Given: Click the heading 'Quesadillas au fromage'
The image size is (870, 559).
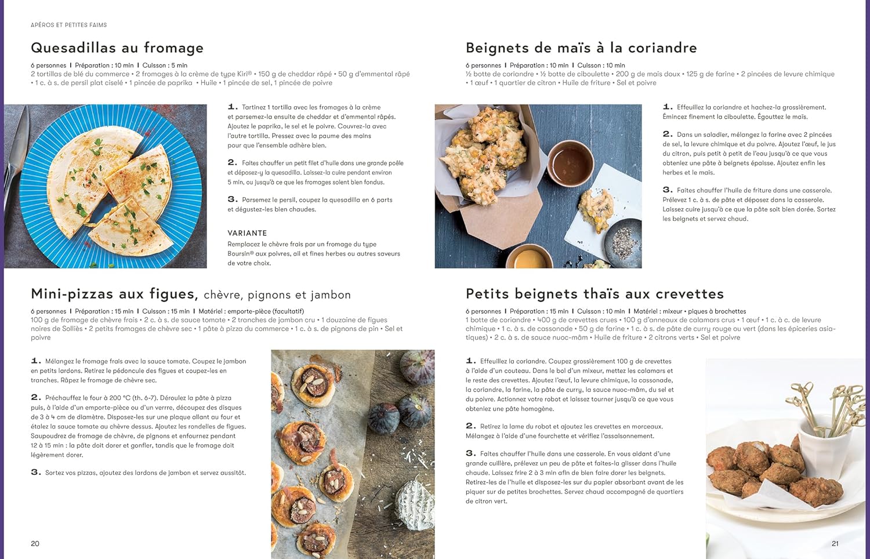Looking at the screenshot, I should pyautogui.click(x=117, y=48).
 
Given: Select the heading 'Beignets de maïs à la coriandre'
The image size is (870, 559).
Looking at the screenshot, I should pyautogui.click(x=581, y=48).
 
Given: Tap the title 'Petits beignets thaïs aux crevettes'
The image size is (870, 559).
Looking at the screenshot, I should pyautogui.click(x=594, y=294).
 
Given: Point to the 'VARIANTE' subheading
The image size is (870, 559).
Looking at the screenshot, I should pyautogui.click(x=247, y=233).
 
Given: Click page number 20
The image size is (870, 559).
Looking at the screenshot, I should pyautogui.click(x=35, y=543).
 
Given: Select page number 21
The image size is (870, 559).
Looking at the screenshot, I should pyautogui.click(x=835, y=543).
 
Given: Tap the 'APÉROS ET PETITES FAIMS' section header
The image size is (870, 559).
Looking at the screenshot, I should pyautogui.click(x=68, y=25).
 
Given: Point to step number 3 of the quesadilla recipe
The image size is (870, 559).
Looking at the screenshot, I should pyautogui.click(x=232, y=199).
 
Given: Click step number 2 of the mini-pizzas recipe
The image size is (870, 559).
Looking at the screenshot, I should pyautogui.click(x=35, y=397).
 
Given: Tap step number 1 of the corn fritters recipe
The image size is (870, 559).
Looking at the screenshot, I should pyautogui.click(x=668, y=107).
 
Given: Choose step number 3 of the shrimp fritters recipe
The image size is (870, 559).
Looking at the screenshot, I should pyautogui.click(x=470, y=453).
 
